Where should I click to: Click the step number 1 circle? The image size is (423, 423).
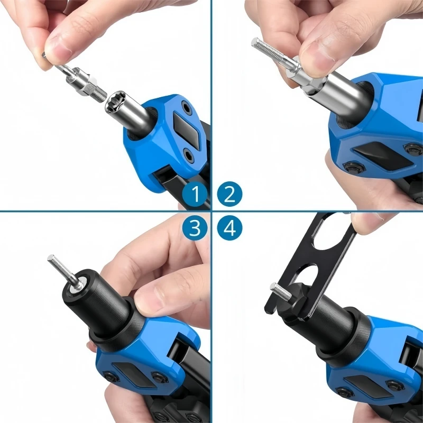point(195,194)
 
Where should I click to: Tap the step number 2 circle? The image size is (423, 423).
point(229,194)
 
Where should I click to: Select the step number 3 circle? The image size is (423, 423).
point(195,228)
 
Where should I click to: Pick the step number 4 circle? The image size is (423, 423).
point(229,228)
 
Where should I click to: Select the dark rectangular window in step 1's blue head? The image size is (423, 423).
point(187,130)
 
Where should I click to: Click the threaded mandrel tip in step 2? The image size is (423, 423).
point(266,49)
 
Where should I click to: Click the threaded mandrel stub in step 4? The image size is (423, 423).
point(281,291)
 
